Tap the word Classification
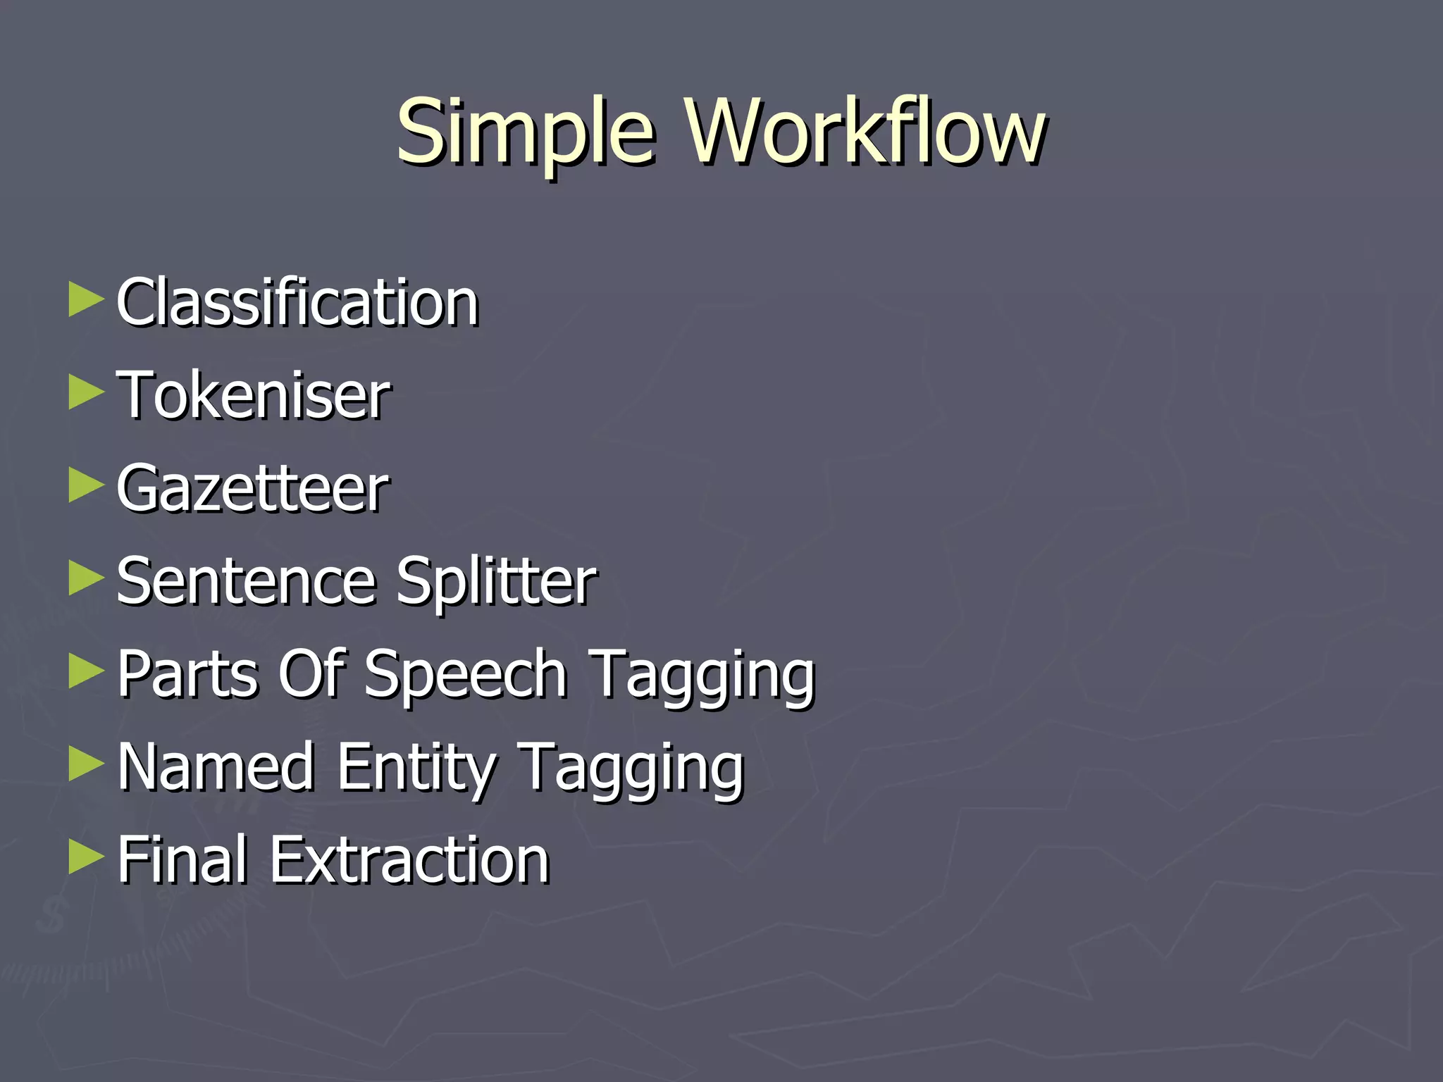[297, 302]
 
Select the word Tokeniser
[253, 395]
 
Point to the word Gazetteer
[252, 488]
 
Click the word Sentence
[246, 581]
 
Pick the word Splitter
[496, 581]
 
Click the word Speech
[466, 674]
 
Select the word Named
[216, 767]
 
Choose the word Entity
[416, 767]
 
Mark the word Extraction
[409, 860]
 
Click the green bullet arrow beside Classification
[86, 300]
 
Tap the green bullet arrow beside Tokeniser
[86, 393]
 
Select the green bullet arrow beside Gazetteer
[86, 486]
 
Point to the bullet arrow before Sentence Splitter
[86, 579]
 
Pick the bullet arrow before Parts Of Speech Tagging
[86, 672]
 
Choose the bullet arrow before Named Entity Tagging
[86, 765]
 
